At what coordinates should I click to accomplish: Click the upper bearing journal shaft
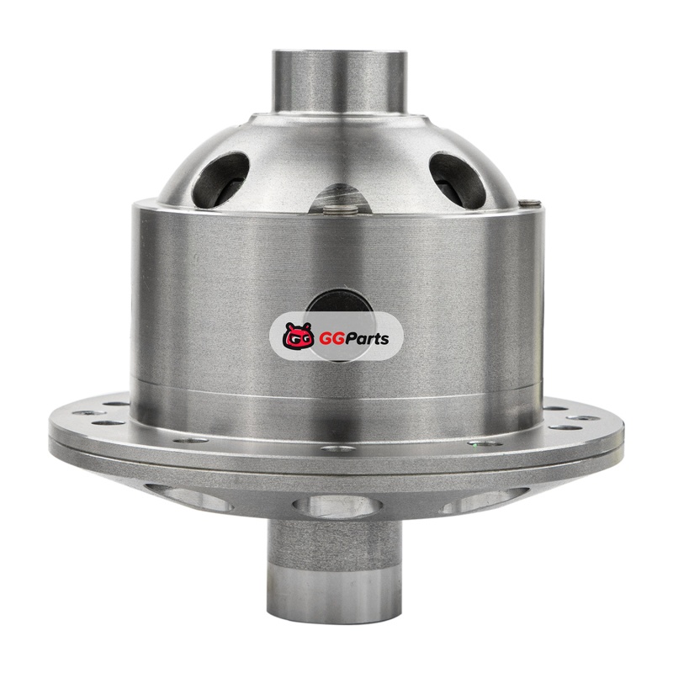(x=339, y=82)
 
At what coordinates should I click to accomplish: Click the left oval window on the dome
(x=220, y=179)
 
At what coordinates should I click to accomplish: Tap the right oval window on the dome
(x=458, y=179)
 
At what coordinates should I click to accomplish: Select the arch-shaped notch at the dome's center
(x=340, y=199)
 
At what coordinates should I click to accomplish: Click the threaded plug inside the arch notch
(x=340, y=209)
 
